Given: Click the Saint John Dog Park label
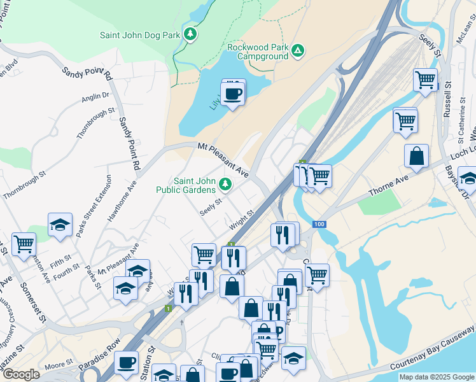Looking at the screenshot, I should click(140, 36).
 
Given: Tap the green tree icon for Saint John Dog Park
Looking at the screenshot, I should click(190, 34).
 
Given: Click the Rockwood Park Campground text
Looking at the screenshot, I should click(258, 52).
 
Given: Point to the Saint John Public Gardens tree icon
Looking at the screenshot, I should click(225, 185).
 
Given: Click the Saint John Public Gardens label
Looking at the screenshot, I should click(186, 185).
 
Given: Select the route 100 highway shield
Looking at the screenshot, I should click(319, 224).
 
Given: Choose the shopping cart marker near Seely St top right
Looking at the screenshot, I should click(425, 80).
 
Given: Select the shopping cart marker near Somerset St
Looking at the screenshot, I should click(24, 244).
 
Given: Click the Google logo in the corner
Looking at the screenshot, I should click(21, 374).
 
